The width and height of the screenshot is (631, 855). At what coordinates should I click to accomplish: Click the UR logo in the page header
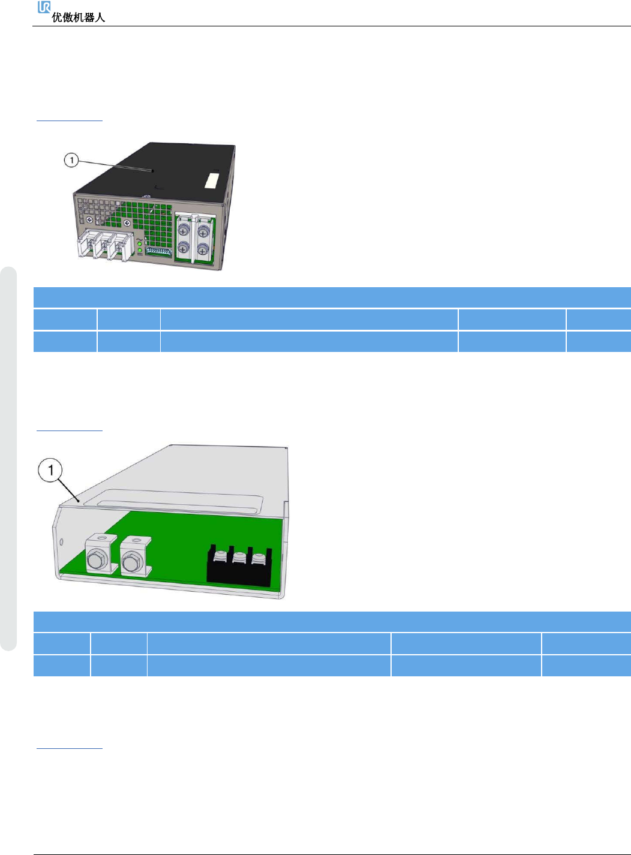(x=44, y=7)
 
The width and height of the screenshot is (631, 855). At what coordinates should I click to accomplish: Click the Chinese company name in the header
(x=78, y=18)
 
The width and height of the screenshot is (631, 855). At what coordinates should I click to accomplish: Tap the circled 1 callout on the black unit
(x=71, y=160)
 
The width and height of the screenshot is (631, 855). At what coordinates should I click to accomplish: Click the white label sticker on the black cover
(x=212, y=181)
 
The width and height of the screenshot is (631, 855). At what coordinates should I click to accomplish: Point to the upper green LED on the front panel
(x=140, y=244)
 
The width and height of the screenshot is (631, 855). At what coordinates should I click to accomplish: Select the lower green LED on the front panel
(x=140, y=251)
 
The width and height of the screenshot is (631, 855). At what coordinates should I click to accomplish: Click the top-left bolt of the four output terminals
(x=184, y=228)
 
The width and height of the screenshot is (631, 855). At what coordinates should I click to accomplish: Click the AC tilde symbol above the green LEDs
(x=139, y=238)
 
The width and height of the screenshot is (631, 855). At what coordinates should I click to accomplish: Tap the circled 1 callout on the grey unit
(x=51, y=469)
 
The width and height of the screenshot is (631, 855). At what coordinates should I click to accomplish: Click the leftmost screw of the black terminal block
(x=220, y=557)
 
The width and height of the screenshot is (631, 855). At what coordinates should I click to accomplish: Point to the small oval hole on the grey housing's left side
(x=62, y=543)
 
